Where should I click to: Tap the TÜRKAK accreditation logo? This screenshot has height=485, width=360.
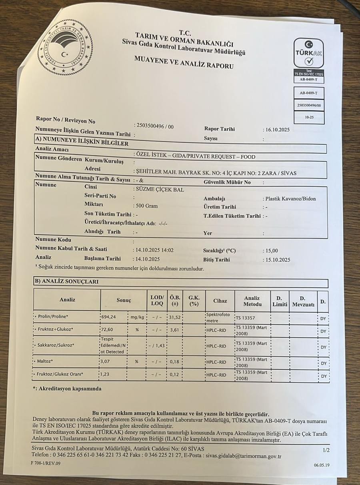pyautogui.click(x=309, y=53)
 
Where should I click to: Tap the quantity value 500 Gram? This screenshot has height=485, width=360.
pyautogui.click(x=147, y=206)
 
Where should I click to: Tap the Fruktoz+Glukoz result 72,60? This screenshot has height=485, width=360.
pyautogui.click(x=108, y=329)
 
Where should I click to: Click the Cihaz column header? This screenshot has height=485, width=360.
pyautogui.click(x=220, y=301)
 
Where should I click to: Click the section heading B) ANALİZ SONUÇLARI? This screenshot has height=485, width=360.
pyautogui.click(x=67, y=281)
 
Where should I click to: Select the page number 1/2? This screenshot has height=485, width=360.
pyautogui.click(x=326, y=450)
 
